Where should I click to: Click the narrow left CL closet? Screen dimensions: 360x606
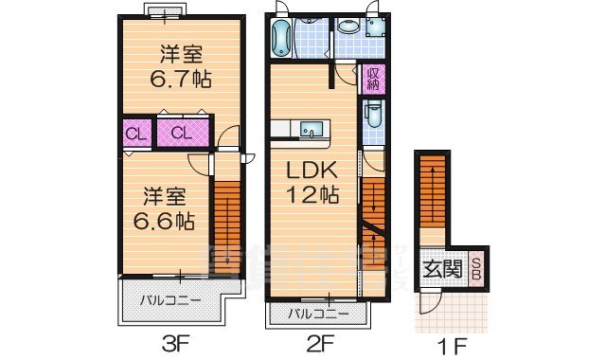pyautogui.click(x=136, y=134)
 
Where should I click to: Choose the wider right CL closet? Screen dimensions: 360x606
pyautogui.click(x=184, y=133)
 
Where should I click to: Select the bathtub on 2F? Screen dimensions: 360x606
pyautogui.click(x=282, y=39)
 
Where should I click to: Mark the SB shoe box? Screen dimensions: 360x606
pyautogui.click(x=477, y=269)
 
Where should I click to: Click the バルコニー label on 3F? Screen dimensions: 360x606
pyautogui.click(x=170, y=301)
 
